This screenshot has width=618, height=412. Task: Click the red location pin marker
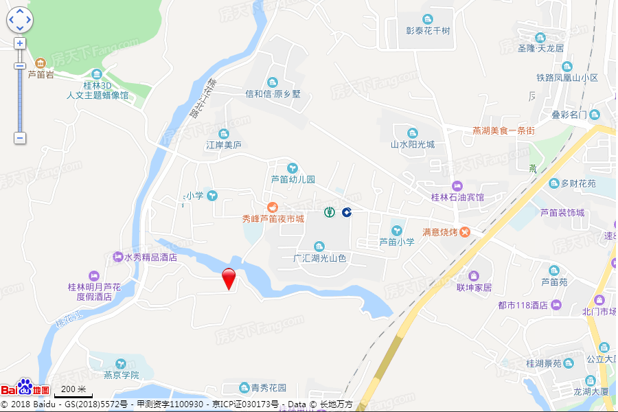click(x=229, y=278)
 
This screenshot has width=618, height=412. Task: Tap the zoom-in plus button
click(x=20, y=43)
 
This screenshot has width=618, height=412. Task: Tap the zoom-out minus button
click(x=20, y=137)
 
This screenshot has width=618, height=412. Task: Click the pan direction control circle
click(x=20, y=20)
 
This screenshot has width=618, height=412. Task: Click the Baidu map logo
click(x=25, y=388)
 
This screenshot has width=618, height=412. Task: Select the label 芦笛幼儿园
click(x=293, y=179)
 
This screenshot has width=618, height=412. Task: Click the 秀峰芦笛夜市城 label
click(x=273, y=218)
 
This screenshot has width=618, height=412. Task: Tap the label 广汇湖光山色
click(x=319, y=258)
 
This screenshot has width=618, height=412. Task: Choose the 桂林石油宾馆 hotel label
click(x=457, y=197)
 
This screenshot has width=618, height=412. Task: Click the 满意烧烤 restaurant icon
click(x=465, y=232)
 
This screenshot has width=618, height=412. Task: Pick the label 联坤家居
click(x=474, y=287)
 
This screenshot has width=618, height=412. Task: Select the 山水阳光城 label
click(x=413, y=145)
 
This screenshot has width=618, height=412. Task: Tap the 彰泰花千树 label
click(x=428, y=31)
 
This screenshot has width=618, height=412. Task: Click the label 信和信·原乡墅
click(x=273, y=94)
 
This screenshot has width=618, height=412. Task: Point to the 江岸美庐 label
click(x=224, y=145)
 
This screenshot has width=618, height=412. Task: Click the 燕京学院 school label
click(x=121, y=375)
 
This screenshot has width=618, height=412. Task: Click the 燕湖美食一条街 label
click(x=503, y=130)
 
